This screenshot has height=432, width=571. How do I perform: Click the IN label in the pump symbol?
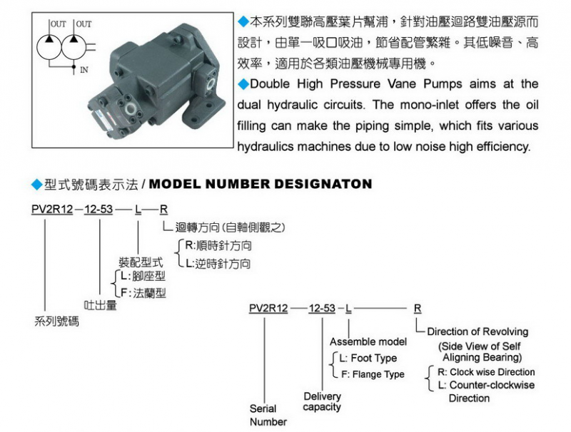84,70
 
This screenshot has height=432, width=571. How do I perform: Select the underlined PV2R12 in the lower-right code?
268,308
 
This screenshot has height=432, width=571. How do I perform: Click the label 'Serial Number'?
268,415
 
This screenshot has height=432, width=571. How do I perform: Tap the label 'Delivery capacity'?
322,401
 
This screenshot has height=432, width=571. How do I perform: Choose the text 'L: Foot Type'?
368,358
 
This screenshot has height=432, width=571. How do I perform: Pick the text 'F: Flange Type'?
372,374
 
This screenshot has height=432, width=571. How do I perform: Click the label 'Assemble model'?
368,342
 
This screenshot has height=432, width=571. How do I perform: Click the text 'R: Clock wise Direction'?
486,372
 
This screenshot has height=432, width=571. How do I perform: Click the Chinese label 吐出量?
101,306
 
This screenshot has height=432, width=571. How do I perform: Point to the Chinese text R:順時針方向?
218,246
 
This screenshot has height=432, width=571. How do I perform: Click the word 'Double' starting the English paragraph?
272,84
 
